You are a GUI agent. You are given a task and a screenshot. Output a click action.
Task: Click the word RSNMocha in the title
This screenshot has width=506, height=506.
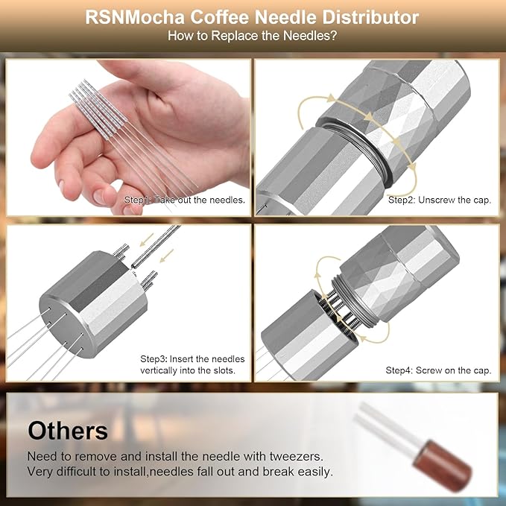[135, 17]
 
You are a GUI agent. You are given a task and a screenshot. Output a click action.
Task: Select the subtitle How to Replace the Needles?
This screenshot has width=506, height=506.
[252, 36]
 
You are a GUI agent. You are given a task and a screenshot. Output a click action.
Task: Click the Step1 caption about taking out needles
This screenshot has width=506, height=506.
[185, 200]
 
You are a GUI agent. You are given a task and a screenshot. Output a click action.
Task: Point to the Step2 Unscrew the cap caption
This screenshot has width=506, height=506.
[440, 200]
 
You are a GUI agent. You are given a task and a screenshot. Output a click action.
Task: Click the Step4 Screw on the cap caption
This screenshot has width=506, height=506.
[438, 370]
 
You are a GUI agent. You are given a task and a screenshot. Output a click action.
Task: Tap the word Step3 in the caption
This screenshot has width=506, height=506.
[154, 359]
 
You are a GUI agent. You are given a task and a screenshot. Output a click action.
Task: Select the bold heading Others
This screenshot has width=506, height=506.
[68, 431]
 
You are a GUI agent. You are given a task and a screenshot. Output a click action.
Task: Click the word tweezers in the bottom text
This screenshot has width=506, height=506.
[297, 457]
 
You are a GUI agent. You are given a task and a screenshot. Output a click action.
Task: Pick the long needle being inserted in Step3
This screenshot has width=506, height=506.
[156, 247]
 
